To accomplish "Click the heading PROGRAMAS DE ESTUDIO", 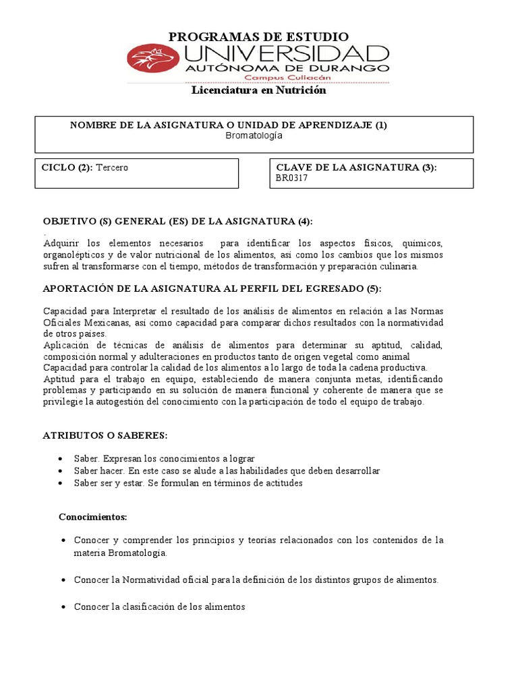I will tap(258, 36).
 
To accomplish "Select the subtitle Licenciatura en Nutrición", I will tap(259, 90).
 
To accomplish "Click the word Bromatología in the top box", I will tap(254, 135).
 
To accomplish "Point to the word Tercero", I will tap(112, 168).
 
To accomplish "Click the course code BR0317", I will tap(291, 179).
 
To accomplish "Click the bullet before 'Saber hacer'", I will tap(62, 471).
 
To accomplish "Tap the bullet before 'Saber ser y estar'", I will tap(62, 484).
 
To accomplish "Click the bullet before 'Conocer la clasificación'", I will tap(62, 607).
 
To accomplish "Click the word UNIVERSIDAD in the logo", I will tap(287, 55).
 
